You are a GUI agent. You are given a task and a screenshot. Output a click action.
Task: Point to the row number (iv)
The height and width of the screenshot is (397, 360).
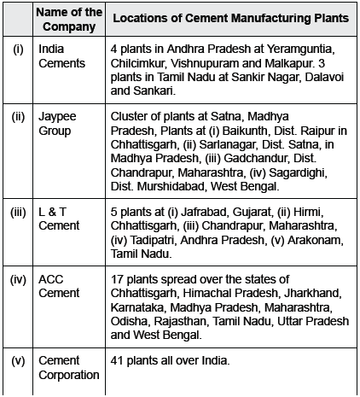pyautogui.click(x=18, y=279)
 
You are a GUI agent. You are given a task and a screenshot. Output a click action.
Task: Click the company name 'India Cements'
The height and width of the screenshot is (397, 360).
pyautogui.click(x=63, y=55)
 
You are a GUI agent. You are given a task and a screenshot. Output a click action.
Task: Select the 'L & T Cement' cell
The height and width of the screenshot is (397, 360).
pyautogui.click(x=60, y=218)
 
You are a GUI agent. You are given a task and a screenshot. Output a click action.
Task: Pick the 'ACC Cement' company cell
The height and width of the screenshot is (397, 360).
pyautogui.click(x=61, y=286)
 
